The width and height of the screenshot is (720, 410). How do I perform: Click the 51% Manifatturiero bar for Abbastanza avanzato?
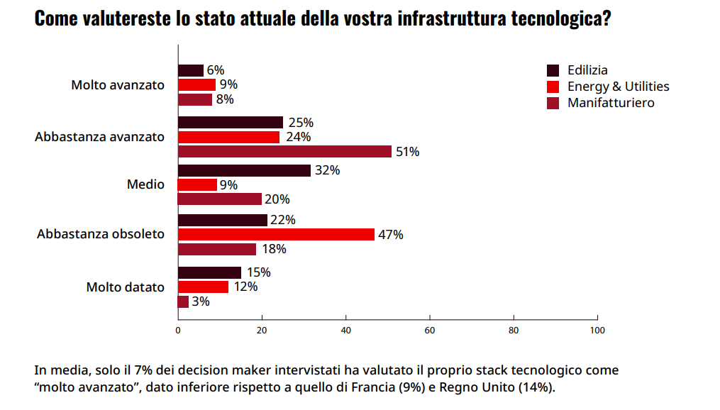(284, 151)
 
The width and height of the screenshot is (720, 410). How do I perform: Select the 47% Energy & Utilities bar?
(276, 234)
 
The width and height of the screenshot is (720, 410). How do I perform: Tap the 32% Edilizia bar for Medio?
(244, 170)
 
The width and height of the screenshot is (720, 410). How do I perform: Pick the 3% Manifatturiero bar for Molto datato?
(183, 301)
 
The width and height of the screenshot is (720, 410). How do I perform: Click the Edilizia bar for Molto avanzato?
(190, 70)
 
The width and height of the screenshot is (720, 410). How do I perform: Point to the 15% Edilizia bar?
(209, 272)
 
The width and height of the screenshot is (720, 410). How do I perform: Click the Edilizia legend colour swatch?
(553, 70)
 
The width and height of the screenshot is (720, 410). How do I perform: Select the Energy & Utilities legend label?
(618, 87)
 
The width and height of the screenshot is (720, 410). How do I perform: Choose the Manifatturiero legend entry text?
(611, 103)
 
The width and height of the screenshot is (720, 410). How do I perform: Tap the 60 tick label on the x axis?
(430, 330)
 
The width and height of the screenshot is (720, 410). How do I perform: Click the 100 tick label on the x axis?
(597, 330)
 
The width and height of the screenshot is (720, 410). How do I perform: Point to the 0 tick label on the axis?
(178, 330)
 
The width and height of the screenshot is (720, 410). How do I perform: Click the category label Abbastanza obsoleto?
(101, 233)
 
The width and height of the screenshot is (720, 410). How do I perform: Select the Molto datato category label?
(126, 287)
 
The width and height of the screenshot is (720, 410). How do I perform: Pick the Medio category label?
(145, 184)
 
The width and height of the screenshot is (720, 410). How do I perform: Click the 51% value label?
(408, 152)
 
